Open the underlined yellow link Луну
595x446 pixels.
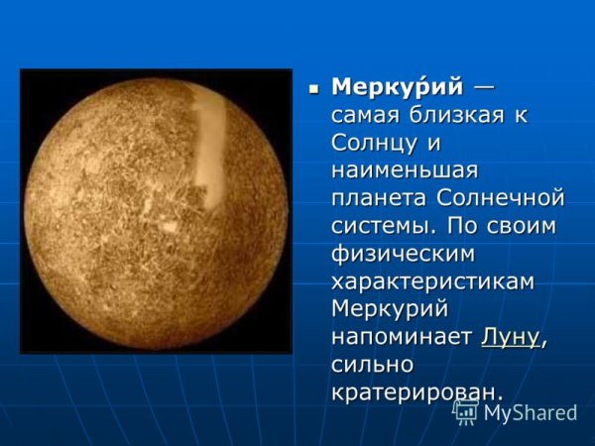[511, 337]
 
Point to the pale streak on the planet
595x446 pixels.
[209, 149]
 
